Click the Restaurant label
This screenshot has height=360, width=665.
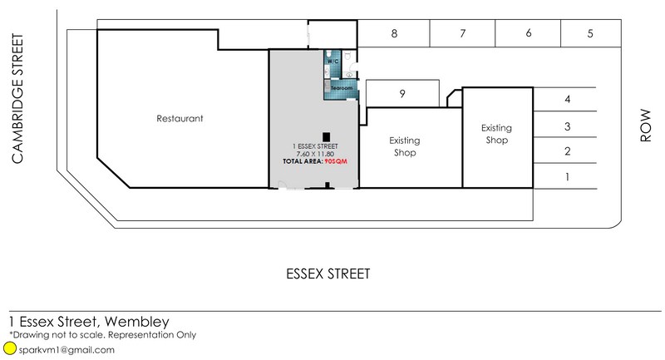180,119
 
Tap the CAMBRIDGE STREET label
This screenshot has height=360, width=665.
17,99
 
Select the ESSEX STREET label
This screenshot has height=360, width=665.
328,274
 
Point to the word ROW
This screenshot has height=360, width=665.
645,126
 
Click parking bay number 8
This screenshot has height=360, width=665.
394,33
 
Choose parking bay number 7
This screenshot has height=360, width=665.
463,33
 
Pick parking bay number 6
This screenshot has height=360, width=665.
529,33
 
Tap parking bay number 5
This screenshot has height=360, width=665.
590,33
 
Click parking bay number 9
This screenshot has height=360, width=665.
402,94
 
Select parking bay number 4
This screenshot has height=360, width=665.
568,100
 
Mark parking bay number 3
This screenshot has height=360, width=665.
568,126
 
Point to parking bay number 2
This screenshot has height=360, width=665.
568,151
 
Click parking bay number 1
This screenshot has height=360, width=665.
568,177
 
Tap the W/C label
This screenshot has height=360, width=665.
333,62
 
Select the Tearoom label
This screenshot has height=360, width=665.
342,88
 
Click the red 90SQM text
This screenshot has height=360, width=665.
336,161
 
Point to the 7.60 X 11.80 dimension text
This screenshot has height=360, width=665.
315,154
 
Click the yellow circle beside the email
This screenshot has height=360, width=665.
9,348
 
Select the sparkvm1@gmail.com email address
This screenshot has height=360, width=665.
66,350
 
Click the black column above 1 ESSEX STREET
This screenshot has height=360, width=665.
326,137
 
